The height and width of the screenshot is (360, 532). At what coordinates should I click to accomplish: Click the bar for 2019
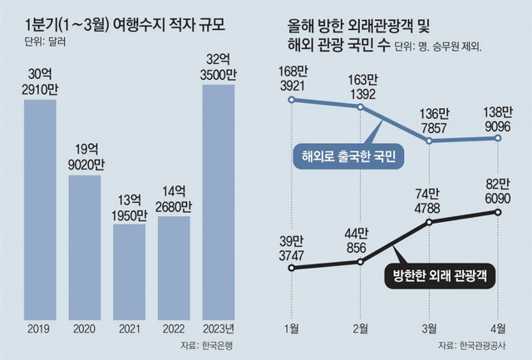(x=39, y=207)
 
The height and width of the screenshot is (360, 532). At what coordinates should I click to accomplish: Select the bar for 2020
(x=84, y=244)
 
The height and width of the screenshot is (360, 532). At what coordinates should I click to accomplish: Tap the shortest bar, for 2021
(x=129, y=269)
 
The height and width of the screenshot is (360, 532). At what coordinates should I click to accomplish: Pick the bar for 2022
(x=174, y=265)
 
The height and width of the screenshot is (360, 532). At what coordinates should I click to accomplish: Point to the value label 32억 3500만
(x=219, y=66)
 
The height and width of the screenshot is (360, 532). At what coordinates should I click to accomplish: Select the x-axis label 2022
(x=174, y=328)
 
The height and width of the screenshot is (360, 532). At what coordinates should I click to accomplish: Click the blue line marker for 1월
(x=292, y=100)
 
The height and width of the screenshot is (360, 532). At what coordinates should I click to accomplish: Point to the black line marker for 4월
(x=499, y=212)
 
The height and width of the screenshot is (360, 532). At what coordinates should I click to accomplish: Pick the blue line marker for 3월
(x=430, y=141)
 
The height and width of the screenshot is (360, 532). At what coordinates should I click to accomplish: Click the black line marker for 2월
(x=361, y=262)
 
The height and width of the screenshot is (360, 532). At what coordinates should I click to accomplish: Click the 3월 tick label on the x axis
(x=430, y=328)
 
